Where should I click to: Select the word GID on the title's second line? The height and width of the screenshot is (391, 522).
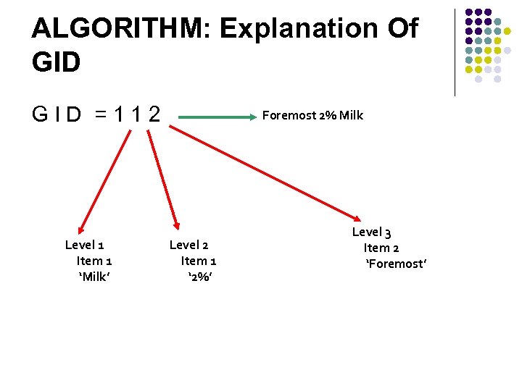click(57, 62)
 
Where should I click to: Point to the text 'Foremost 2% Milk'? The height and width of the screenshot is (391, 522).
click(312, 115)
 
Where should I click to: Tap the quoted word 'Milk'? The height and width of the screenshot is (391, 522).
click(94, 276)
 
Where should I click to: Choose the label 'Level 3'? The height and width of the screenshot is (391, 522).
click(371, 232)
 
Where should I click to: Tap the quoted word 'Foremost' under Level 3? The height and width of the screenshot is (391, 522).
click(396, 264)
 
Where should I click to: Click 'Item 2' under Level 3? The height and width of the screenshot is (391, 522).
click(381, 248)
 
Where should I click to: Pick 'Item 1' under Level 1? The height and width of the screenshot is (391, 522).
click(94, 261)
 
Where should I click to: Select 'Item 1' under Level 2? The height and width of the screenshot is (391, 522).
click(199, 261)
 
